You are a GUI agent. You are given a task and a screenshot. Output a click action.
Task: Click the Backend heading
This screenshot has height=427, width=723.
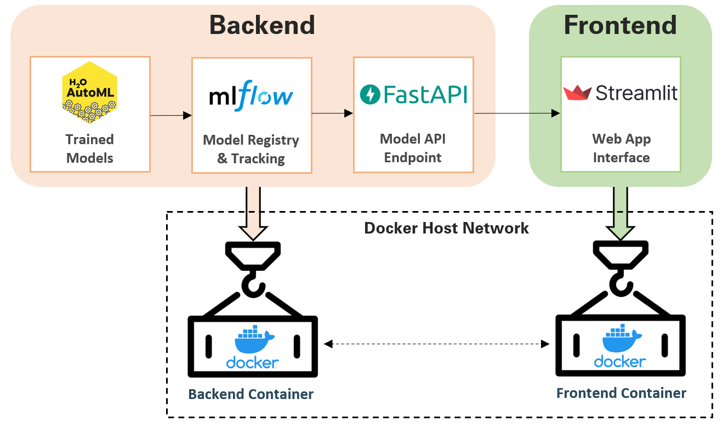[x=262, y=25]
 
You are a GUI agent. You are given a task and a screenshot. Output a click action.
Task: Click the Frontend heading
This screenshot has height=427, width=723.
[x=620, y=25]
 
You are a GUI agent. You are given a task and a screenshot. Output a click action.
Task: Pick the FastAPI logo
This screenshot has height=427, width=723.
[x=413, y=94]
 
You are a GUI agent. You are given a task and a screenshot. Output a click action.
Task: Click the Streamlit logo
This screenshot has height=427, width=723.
[x=620, y=93]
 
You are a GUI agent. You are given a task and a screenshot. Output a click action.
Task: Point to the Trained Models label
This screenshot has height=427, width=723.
[x=89, y=149]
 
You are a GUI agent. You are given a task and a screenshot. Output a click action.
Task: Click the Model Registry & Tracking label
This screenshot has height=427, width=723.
[x=251, y=149]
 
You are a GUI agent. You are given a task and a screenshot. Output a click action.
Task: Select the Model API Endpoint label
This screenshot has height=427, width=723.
[x=413, y=148]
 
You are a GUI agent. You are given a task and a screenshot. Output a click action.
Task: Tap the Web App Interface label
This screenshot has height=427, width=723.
[x=621, y=148]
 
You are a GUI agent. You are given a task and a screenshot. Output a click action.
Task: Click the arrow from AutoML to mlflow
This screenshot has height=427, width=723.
[x=170, y=115]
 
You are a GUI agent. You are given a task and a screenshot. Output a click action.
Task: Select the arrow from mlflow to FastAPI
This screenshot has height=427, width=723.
[x=332, y=113]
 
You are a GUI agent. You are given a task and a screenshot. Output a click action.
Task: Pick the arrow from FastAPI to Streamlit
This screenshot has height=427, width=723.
[x=517, y=113]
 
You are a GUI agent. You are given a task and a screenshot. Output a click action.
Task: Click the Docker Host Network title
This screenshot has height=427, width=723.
[x=446, y=228]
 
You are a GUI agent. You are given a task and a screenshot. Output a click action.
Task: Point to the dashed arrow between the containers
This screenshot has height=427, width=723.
[x=436, y=344]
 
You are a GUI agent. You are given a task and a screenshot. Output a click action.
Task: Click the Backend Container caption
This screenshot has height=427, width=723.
[x=251, y=394]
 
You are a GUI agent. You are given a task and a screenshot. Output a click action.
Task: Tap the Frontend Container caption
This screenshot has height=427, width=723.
[x=621, y=393]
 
